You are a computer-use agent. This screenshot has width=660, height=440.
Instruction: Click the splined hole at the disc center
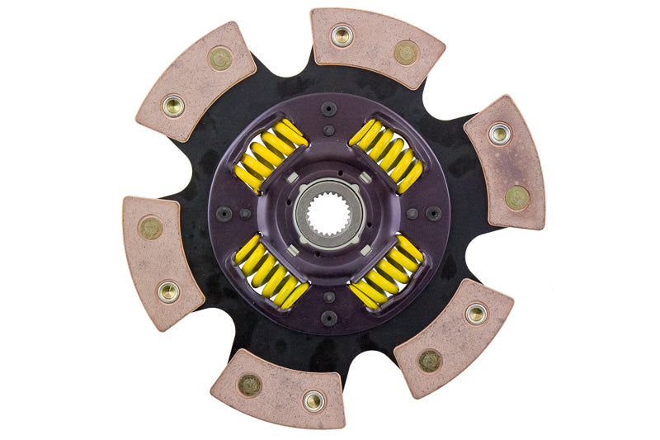328,214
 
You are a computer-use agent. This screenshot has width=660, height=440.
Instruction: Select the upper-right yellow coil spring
386,154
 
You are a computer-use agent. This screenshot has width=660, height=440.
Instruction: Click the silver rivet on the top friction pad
342,35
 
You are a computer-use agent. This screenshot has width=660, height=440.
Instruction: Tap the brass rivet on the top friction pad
405,52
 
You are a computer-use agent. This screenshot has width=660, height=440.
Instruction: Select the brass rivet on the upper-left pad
220,58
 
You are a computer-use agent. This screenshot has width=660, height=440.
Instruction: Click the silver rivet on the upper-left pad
173,106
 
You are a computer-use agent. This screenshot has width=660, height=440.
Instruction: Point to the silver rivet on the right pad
499,133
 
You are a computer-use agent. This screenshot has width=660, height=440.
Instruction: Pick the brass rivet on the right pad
517,197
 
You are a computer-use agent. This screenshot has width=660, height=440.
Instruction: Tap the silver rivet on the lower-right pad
476,313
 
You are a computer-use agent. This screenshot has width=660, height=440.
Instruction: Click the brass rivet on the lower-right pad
430,360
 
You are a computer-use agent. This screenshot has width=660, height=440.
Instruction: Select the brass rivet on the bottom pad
249,384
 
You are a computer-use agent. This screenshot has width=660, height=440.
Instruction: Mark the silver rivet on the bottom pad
313,401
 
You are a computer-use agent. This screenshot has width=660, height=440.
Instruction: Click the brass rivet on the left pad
150,227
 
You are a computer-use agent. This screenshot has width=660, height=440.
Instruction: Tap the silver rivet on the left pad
168,291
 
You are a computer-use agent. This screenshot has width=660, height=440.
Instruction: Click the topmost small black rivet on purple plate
329,108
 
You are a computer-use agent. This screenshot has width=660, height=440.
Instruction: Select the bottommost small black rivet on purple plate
329,319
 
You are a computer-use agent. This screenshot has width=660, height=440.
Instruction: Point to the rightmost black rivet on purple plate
433,213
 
